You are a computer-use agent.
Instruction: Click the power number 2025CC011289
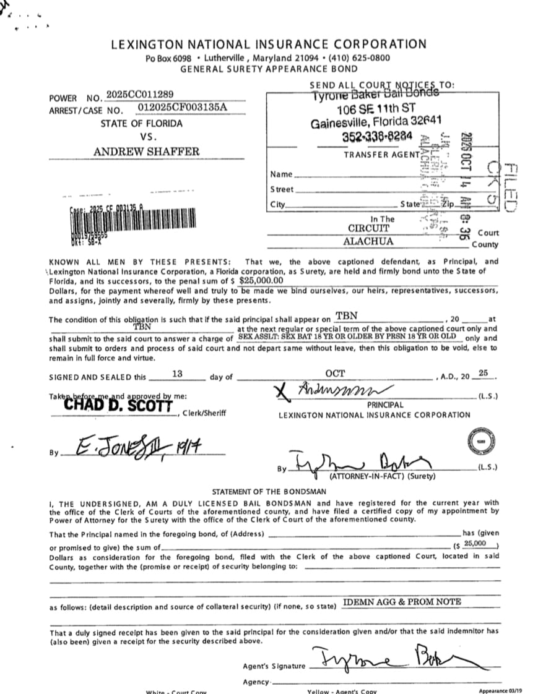tap(140, 94)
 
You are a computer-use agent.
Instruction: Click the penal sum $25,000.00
tap(261, 280)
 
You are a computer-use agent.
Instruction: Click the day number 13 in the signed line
tap(177, 374)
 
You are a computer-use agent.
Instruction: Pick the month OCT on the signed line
tap(335, 374)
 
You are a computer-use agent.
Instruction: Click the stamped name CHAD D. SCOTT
tap(118, 405)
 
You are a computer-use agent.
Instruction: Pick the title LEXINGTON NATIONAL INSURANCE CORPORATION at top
tap(269, 44)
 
